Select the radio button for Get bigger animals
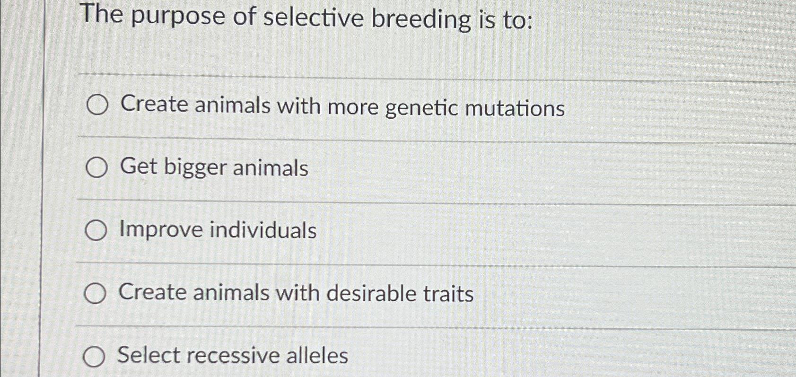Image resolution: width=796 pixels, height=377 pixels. point(97,168)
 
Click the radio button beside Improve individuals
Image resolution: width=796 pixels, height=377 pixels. point(96,230)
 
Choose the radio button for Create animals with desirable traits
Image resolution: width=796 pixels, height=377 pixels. point(95,293)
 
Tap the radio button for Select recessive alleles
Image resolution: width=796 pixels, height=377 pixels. point(94,357)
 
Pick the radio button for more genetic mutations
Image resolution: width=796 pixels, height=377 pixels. point(97,105)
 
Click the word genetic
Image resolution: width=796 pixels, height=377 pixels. point(422,108)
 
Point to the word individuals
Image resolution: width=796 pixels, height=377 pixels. point(263,230)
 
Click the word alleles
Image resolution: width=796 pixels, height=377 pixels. point(317,356)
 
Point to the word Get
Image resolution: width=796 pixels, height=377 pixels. point(138,167)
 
